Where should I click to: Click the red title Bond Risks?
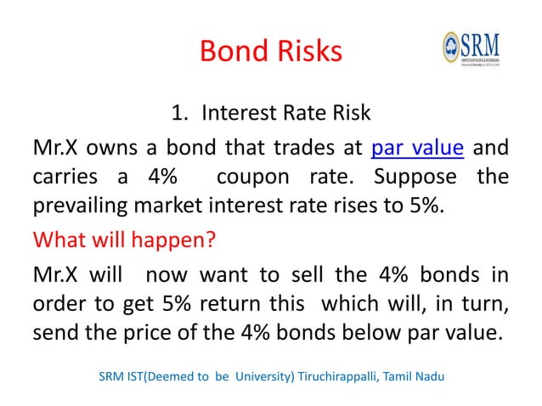(x=270, y=52)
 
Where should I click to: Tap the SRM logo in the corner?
(x=471, y=53)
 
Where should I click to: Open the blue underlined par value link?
(x=417, y=149)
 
